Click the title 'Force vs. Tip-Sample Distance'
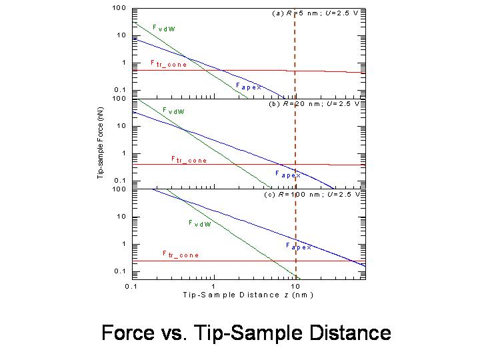(246, 333)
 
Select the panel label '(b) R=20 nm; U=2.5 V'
(314, 104)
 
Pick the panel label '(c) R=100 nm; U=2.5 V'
(312, 195)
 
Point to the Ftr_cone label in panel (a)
(168, 64)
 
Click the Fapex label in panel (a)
(249, 86)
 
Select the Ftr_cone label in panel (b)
(189, 160)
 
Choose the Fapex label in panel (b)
(288, 174)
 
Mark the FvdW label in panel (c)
(200, 224)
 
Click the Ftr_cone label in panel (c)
(181, 255)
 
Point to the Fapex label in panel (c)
(299, 246)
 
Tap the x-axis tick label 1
(213, 285)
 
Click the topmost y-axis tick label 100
(119, 8)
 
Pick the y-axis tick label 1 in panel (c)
(124, 244)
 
